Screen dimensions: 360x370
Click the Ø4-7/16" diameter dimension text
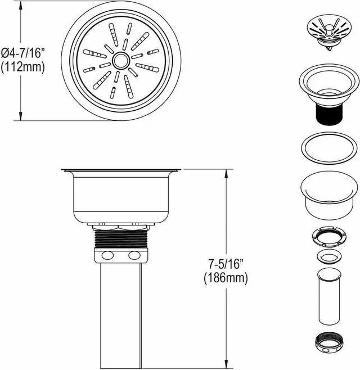point(23,53)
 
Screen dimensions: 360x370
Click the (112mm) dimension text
point(23,67)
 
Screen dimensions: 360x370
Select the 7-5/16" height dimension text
point(226,264)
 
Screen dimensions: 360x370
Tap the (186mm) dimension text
point(226,278)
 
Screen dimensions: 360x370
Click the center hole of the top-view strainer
point(121,60)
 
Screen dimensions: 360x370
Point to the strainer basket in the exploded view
point(330,32)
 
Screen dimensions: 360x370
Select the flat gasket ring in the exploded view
point(329,148)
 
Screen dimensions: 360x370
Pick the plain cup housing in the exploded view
point(329,195)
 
